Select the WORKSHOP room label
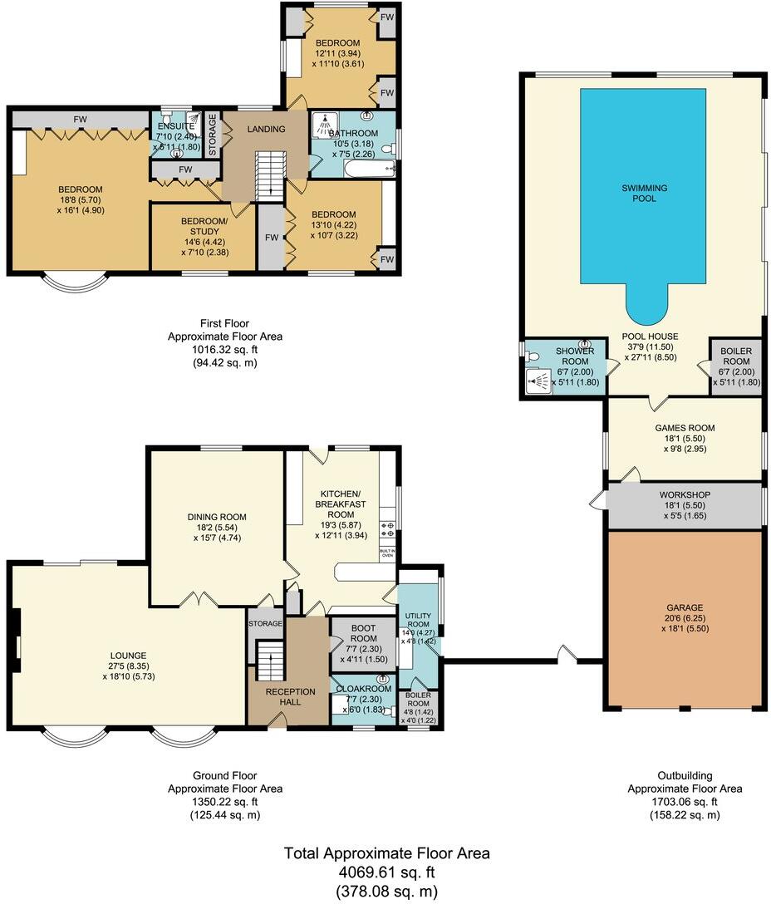pos(685,495)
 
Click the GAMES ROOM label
pos(685,429)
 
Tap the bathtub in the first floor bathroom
pos(359,170)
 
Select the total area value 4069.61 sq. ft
pos(385,872)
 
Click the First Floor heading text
pos(224,323)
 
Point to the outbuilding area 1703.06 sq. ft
pos(685,802)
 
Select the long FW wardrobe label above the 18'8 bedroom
pos(80,120)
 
